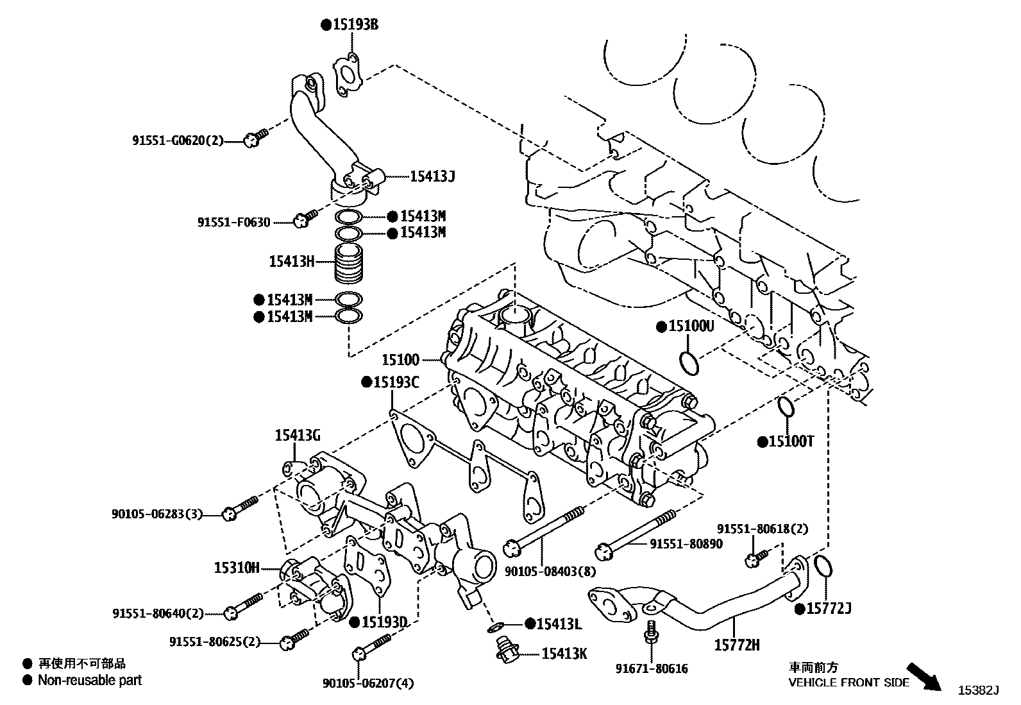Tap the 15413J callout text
(432, 176)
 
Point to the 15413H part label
(292, 261)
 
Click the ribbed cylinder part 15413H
(350, 264)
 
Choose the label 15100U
(691, 327)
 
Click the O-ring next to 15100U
(689, 362)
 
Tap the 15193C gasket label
(396, 382)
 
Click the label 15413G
(298, 436)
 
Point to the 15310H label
(236, 568)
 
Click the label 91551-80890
(686, 544)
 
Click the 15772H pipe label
(737, 645)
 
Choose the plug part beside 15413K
(505, 650)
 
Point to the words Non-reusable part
(90, 680)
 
